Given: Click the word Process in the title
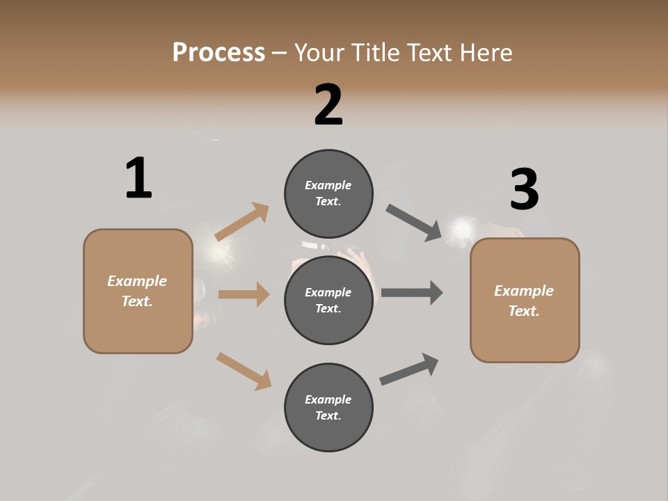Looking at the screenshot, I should (218, 52).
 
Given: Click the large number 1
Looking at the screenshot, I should (138, 178).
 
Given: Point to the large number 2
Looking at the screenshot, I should (328, 105).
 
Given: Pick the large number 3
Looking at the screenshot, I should (524, 190).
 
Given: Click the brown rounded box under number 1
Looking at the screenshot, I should (138, 291).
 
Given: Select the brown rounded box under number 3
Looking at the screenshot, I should (525, 301).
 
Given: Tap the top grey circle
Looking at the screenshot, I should (328, 193).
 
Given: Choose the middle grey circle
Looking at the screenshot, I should (328, 300).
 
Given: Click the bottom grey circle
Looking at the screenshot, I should (328, 407).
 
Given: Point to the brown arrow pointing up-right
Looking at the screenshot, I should (242, 221).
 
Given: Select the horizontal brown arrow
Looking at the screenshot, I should (244, 294).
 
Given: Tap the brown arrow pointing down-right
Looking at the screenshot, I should (244, 371).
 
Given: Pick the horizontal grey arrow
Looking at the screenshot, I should (412, 293).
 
